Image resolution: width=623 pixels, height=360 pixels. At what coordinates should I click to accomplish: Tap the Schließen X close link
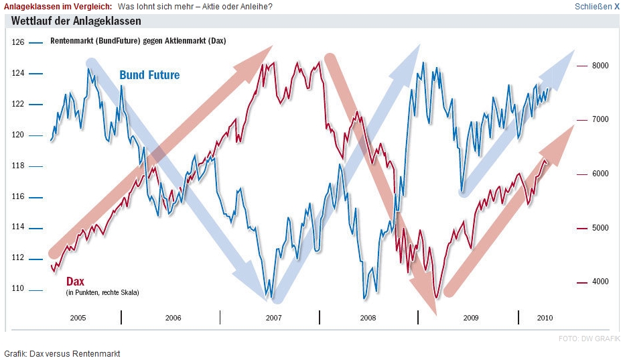(597, 7)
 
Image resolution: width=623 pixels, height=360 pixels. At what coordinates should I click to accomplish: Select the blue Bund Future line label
(149, 75)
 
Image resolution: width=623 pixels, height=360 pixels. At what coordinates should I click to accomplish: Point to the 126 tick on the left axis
(18, 42)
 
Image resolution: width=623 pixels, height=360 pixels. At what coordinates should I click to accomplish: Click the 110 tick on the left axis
(18, 289)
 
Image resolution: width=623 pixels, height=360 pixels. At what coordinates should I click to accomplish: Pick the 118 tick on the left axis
(18, 166)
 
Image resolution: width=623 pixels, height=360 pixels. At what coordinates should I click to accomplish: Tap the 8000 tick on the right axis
(600, 66)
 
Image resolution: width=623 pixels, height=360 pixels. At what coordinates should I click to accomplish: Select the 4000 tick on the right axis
(600, 282)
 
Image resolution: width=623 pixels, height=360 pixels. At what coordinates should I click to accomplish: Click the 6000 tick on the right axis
(600, 174)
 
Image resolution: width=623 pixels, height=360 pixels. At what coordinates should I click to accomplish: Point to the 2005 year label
(78, 318)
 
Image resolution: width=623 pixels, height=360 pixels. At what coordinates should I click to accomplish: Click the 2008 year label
(368, 318)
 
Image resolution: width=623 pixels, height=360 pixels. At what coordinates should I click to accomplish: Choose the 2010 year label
(545, 318)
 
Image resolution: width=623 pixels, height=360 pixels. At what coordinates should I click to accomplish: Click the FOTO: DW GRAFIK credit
(589, 339)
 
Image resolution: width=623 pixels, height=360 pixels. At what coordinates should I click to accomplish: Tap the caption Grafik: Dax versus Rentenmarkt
(62, 353)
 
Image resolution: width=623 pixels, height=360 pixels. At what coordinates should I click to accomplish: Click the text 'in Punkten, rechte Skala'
(102, 293)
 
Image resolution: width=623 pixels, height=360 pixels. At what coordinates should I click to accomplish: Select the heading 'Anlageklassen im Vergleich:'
(59, 7)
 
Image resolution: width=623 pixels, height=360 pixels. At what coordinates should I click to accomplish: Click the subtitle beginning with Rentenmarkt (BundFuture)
(138, 41)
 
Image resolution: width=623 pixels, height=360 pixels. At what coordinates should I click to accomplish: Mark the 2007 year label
(273, 318)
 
